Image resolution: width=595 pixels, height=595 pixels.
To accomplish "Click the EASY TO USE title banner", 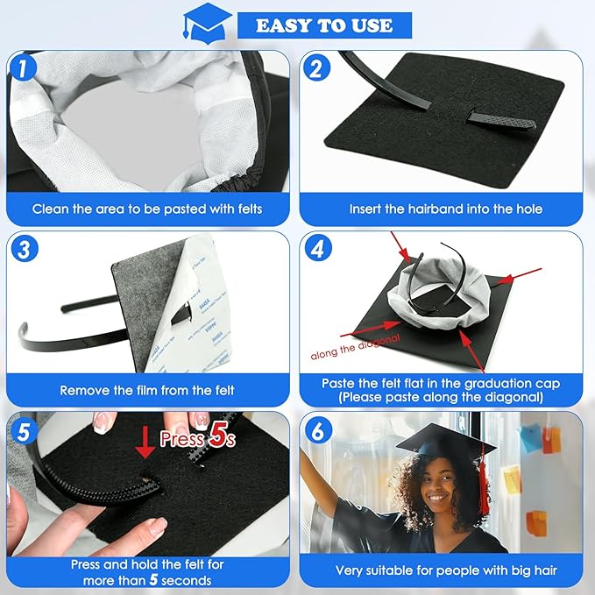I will pos(323,25).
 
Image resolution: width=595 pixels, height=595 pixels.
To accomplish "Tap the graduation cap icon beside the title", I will pos(207,22).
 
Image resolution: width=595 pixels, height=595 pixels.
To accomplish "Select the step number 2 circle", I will pos(317,67).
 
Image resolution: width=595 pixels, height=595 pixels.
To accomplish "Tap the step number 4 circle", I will pos(317,249).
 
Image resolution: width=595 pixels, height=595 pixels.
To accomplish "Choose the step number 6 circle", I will pos(317,430).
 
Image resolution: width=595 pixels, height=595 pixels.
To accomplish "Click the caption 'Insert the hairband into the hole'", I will pos(445,209).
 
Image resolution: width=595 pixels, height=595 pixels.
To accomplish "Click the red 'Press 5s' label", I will pos(195,437).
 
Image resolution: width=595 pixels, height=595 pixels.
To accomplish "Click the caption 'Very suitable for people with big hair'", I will pos(445,570).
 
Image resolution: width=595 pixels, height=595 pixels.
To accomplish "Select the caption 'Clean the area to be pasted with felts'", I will pos(147,209).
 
